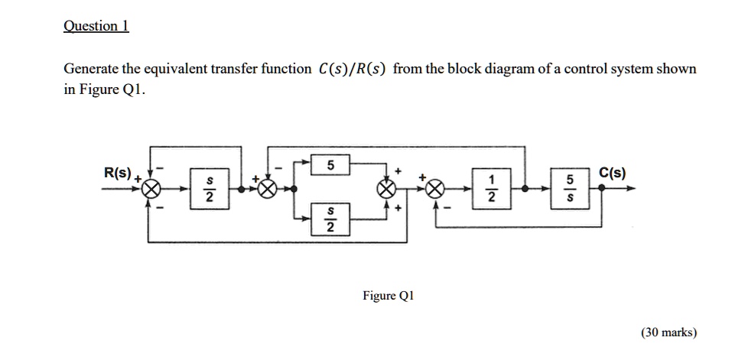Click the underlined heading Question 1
click(96, 26)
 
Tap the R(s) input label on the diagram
click(118, 172)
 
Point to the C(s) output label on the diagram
click(612, 172)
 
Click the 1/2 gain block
click(493, 187)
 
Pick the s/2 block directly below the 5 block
click(330, 218)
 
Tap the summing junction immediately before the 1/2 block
click(436, 188)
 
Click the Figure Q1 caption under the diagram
click(388, 296)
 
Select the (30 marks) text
click(668, 332)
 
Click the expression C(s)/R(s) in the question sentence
click(352, 70)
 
